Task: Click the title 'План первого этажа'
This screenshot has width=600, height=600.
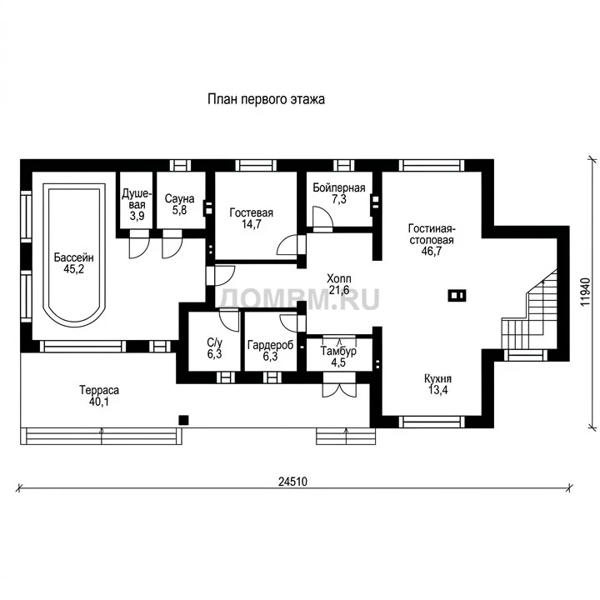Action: [266, 99]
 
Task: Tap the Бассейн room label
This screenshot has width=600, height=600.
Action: [74, 257]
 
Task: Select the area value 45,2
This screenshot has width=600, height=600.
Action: [74, 269]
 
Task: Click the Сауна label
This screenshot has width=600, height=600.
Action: [179, 198]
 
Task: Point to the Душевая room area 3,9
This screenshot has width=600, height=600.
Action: [137, 216]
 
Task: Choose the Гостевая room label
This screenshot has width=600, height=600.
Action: [252, 212]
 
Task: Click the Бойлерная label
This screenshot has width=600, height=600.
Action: [339, 187]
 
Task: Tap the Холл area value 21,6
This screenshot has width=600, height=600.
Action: [339, 290]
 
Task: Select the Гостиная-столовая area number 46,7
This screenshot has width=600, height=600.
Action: [432, 251]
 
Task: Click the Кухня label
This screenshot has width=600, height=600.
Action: [437, 379]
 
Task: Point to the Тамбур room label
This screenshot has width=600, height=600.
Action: [338, 351]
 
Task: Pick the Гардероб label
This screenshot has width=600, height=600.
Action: [271, 345]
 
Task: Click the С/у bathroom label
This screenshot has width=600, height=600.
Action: [214, 342]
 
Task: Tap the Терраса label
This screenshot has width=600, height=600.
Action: [99, 390]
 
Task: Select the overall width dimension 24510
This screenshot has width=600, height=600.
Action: [292, 482]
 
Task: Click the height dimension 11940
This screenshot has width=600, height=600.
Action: [586, 292]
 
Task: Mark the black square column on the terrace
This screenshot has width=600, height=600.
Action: [183, 420]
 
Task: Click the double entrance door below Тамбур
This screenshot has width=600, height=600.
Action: [339, 385]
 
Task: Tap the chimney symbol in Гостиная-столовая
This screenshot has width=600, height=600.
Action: [457, 295]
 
